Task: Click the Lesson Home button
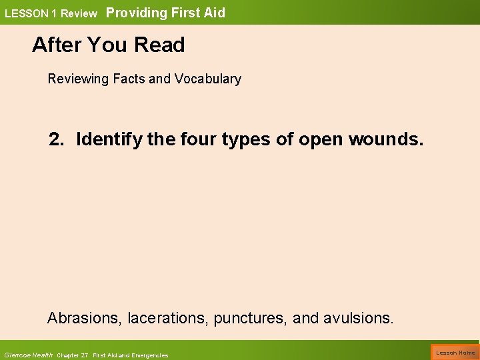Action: [x=455, y=352]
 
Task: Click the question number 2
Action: [x=56, y=140]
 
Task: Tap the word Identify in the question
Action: [x=107, y=140]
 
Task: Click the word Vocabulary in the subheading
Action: [x=207, y=79]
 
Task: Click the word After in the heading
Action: [x=56, y=45]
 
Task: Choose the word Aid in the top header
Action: [x=215, y=12]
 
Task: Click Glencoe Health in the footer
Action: [x=28, y=355]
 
